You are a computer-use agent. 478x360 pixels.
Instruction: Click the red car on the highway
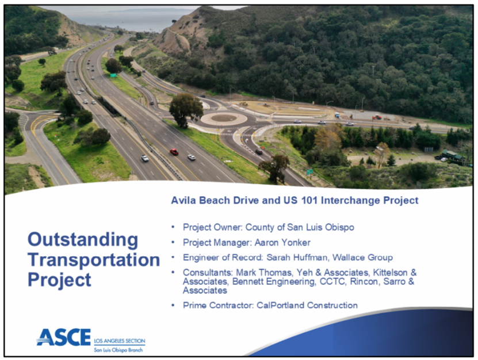click(x=174, y=151)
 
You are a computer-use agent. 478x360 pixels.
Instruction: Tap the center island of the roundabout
click(x=224, y=118)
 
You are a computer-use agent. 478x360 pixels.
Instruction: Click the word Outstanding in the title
click(x=83, y=240)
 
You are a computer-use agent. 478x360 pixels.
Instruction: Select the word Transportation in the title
click(x=94, y=260)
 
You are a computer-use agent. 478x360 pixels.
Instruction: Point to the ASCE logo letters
click(x=64, y=337)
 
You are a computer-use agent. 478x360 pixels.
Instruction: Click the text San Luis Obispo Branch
click(x=118, y=350)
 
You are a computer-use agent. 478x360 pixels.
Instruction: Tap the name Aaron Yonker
click(x=282, y=243)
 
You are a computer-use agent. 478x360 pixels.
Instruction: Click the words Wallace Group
click(x=362, y=258)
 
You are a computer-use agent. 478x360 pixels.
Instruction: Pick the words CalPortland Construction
click(x=307, y=305)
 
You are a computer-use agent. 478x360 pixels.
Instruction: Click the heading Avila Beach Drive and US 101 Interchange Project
click(x=295, y=201)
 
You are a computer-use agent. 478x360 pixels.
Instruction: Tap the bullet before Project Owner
click(x=173, y=227)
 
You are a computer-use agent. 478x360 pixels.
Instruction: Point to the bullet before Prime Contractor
click(x=173, y=305)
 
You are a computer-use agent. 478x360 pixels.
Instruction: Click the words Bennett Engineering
click(x=273, y=282)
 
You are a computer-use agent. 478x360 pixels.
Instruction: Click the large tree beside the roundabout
click(x=186, y=110)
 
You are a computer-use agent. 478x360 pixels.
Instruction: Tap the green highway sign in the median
click(x=113, y=75)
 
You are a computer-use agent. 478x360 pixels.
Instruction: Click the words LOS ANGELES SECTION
click(x=120, y=341)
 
